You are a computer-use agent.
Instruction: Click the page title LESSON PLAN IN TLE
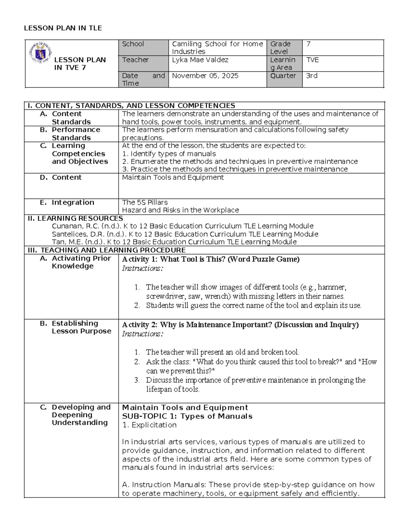pos(63,28)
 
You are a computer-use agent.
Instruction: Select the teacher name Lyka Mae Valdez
pos(200,60)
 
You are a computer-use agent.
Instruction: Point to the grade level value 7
pos(309,44)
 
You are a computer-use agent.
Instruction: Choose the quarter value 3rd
pos(312,76)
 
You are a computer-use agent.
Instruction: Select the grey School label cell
pos(143,47)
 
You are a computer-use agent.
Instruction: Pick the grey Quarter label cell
pos(284,79)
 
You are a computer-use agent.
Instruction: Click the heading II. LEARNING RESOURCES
pos(75,218)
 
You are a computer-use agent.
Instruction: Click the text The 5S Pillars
pos(145,202)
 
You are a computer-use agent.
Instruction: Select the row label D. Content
pos(66,177)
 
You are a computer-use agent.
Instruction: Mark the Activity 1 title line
pos(211,259)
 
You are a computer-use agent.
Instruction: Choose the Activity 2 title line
pos(240,325)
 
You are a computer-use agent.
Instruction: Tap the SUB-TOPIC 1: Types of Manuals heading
pos(187,416)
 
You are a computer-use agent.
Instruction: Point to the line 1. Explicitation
pos(149,425)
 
